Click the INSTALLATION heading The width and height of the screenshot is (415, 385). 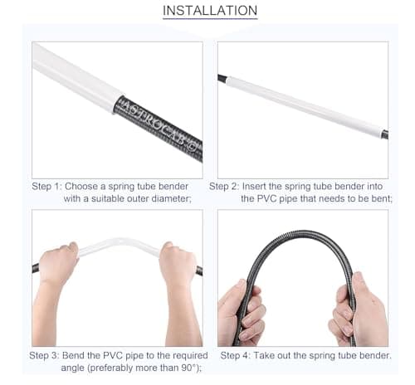[210, 11]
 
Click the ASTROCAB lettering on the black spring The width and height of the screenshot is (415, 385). [159, 126]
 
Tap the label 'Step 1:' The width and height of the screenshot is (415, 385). [46, 187]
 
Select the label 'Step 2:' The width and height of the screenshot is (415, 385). [223, 187]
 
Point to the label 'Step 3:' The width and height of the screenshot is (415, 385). [44, 355]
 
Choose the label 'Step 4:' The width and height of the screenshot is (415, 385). [235, 355]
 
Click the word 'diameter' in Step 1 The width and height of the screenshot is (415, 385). [171, 198]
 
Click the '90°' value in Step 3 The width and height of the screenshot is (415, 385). [191, 368]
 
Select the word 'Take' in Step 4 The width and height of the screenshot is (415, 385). [264, 355]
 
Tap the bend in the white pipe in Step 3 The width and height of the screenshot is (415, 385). [120, 241]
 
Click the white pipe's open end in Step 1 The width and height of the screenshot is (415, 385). [117, 101]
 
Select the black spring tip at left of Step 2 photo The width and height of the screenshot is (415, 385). [222, 79]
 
